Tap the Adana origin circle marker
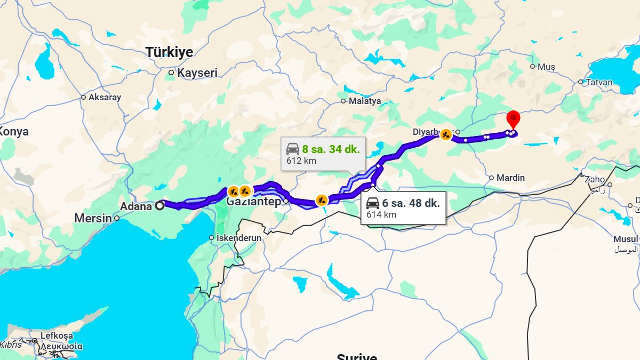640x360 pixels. (159, 205)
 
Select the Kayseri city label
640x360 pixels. (197, 73)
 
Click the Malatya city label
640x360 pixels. (365, 101)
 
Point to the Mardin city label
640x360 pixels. (510, 178)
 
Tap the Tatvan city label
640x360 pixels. (599, 82)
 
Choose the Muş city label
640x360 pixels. (546, 67)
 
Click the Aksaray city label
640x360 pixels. (105, 98)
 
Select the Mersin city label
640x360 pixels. (93, 218)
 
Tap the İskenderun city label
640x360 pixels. (239, 238)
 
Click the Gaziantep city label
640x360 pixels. (253, 202)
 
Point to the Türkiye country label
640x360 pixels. (170, 52)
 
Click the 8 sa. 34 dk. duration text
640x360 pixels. (331, 149)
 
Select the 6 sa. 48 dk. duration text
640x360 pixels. (411, 203)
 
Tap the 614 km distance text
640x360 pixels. (381, 215)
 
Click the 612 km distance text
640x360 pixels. (302, 161)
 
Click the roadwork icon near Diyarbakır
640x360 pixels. (446, 135)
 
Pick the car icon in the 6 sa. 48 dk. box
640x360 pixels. (373, 203)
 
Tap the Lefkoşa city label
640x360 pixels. (57, 336)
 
